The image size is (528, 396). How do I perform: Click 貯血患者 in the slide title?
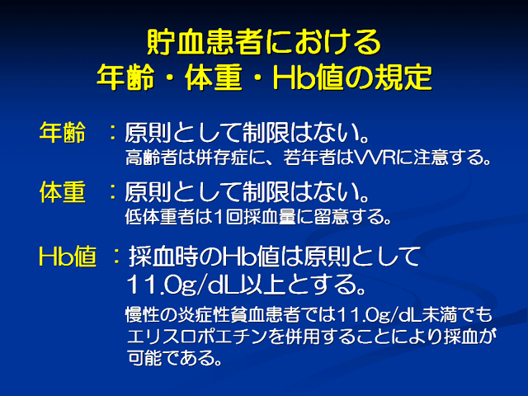tap(205, 42)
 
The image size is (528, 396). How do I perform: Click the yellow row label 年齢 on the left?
tap(63, 133)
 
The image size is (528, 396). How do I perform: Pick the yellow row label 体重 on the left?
tap(63, 192)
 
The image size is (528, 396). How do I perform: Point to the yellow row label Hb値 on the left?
tap(68, 257)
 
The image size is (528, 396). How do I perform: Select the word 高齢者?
tap(151, 158)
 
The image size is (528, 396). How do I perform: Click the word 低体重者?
tap(160, 216)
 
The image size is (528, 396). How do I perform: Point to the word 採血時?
tap(163, 257)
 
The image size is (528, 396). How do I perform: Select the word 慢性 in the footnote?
tap(143, 315)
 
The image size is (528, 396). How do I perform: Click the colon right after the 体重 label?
tap(113, 192)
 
